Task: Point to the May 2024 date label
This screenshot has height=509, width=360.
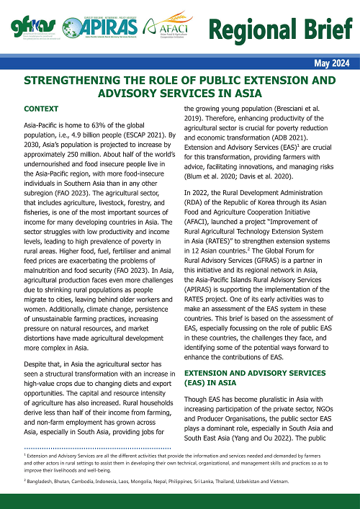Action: [x=332, y=63]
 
